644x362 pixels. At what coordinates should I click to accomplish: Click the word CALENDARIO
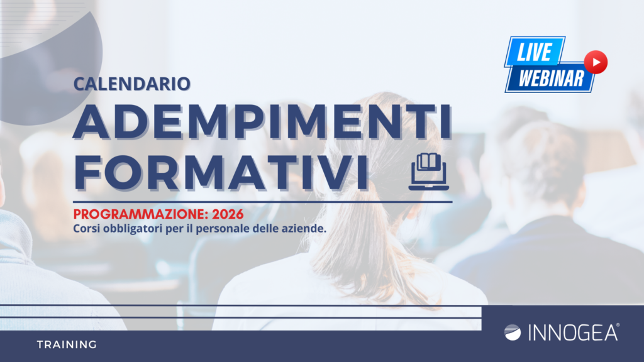coord(132,84)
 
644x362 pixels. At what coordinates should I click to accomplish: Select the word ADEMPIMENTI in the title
coord(263,123)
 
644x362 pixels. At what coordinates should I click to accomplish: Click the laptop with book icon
coord(429,172)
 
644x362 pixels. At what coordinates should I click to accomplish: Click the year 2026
coord(228,214)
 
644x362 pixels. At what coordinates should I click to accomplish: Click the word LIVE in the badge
coord(534,52)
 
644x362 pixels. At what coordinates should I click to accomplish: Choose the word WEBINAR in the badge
coord(551,79)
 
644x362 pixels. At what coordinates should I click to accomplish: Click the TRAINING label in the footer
coord(67,345)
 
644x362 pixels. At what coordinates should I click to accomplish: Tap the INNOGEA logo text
coord(573,332)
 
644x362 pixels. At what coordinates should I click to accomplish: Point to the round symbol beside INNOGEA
coord(513,332)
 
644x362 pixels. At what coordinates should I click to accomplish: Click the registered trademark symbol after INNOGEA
coord(618,325)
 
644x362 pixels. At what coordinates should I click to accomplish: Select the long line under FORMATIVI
coord(263,202)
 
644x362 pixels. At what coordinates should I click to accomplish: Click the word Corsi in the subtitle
coord(87,228)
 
